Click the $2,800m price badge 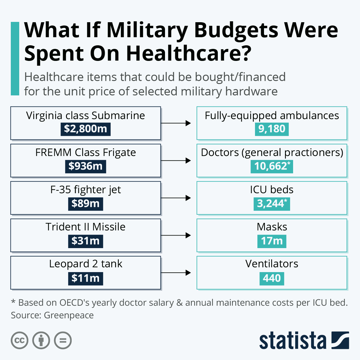pyautogui.click(x=85, y=129)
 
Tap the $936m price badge pyautogui.click(x=85, y=166)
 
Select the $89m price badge pyautogui.click(x=85, y=204)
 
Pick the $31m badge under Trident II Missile pyautogui.click(x=85, y=241)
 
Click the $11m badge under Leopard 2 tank pyautogui.click(x=85, y=278)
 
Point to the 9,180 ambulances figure pyautogui.click(x=272, y=129)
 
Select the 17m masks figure pyautogui.click(x=272, y=241)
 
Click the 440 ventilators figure pyautogui.click(x=272, y=278)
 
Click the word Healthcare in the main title pyautogui.click(x=188, y=53)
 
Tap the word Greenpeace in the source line pyautogui.click(x=69, y=315)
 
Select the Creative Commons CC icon pyautogui.click(x=19, y=340)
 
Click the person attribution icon pyautogui.click(x=41, y=340)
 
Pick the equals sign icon pyautogui.click(x=63, y=340)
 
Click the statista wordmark pyautogui.click(x=292, y=341)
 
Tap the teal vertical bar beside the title pyautogui.click(x=15, y=58)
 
